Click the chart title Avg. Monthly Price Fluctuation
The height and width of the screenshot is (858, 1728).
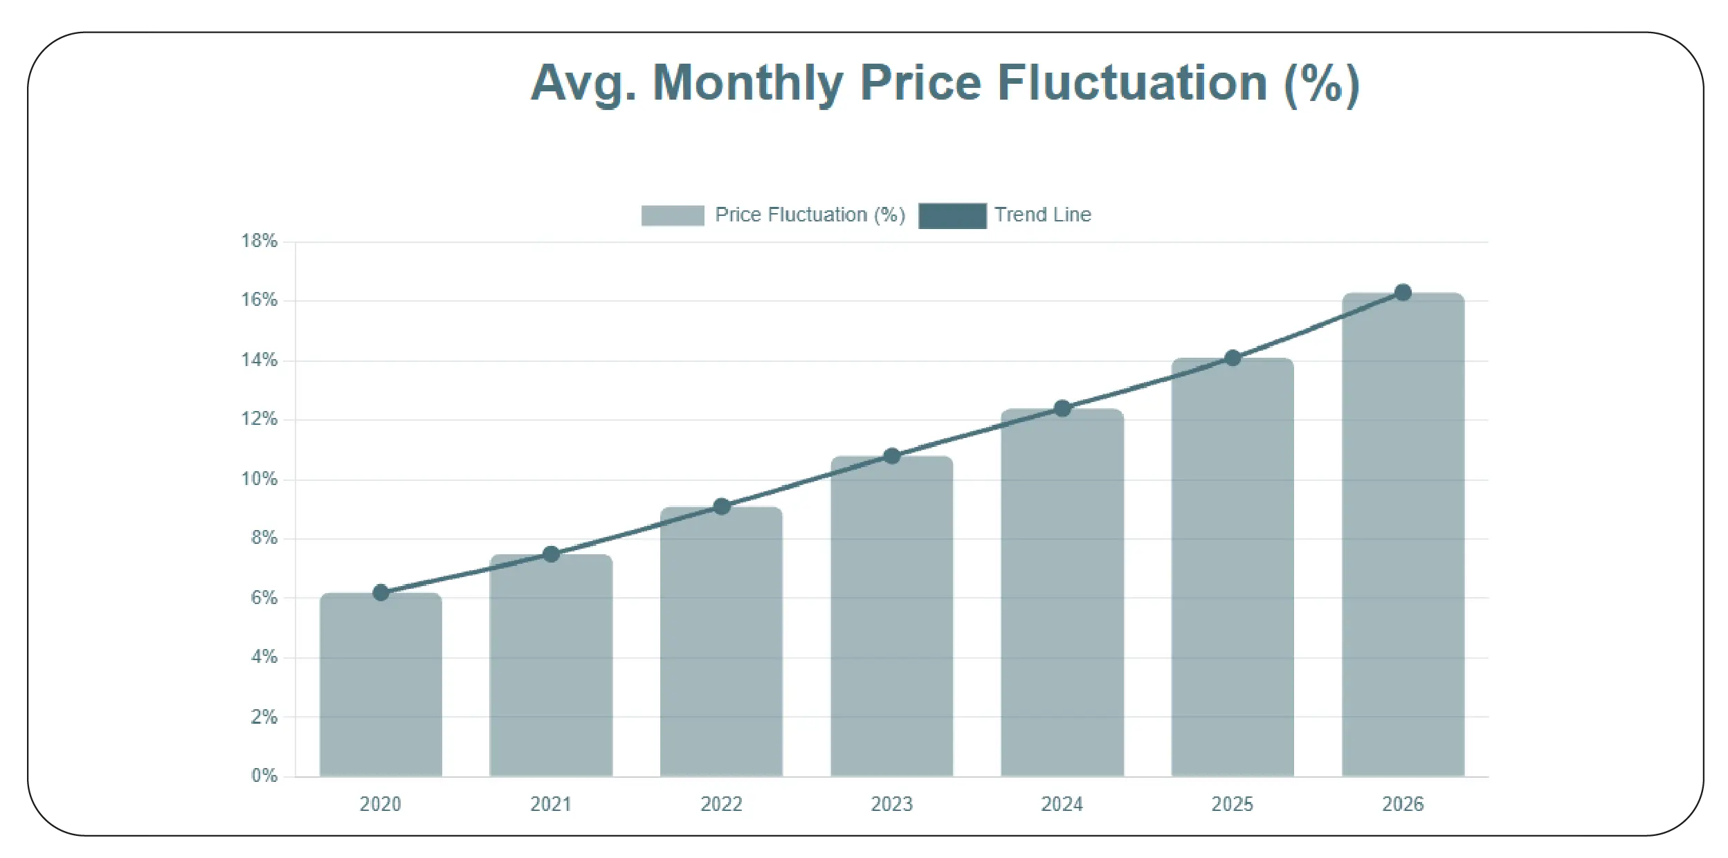click(x=945, y=83)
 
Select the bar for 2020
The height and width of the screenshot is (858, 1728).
click(x=381, y=685)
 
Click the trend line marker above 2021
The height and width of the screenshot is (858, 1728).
click(x=551, y=554)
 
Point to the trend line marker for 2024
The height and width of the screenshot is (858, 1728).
click(x=1062, y=409)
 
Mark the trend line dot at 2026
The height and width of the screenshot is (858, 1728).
click(x=1403, y=293)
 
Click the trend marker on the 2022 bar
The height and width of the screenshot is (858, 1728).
click(x=722, y=506)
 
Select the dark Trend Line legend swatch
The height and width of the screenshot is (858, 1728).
click(x=952, y=215)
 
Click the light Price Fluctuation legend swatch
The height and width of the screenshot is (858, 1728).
click(x=673, y=215)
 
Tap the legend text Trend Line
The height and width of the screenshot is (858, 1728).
click(x=1042, y=214)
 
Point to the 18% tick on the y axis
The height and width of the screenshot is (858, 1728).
click(x=260, y=241)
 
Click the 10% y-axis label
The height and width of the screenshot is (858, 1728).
click(x=260, y=479)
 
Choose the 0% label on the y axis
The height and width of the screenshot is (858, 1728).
click(x=264, y=775)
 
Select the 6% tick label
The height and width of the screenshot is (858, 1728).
click(x=264, y=597)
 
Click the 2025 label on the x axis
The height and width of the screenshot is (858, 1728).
click(x=1232, y=804)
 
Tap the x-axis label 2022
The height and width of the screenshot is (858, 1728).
click(x=721, y=804)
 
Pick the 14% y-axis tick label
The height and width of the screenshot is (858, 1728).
click(x=260, y=360)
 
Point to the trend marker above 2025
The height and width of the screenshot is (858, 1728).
click(x=1233, y=358)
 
